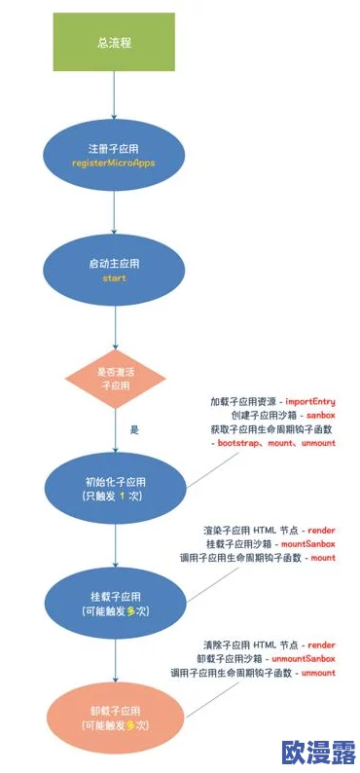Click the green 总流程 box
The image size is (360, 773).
point(113,42)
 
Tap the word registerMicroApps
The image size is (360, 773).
point(114,164)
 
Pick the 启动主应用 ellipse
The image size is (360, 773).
point(114,270)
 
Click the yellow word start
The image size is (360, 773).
point(114,278)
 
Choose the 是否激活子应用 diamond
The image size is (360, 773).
point(114,379)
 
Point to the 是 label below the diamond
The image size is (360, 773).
point(135,428)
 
